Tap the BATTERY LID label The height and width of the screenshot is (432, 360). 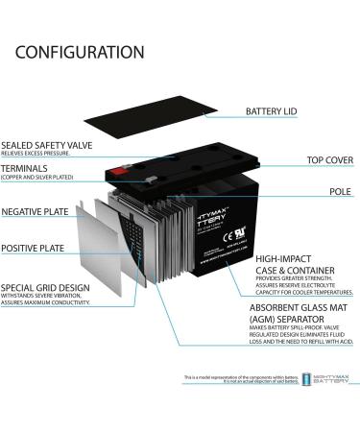[272, 112]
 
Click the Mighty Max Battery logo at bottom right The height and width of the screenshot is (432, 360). [320, 381]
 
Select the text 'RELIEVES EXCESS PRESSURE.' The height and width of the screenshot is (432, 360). [39, 152]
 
